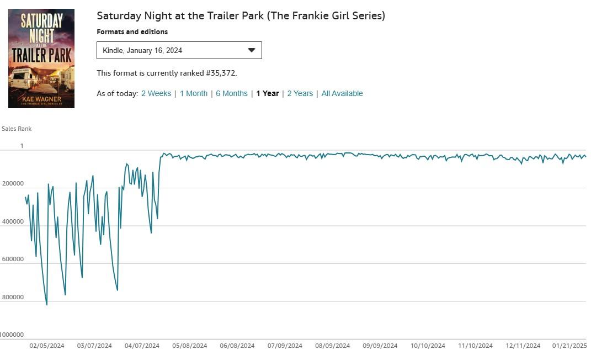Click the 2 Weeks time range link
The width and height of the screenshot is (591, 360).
[156, 93]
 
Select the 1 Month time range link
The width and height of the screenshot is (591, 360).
[194, 93]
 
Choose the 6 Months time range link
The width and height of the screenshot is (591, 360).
[232, 93]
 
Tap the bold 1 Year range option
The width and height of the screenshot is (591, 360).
[268, 93]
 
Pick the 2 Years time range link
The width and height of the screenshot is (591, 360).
[300, 93]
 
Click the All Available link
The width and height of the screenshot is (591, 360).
[342, 93]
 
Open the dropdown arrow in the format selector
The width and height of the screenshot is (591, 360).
[252, 50]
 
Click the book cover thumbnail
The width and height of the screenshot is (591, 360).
[41, 58]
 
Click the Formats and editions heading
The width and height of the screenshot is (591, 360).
[132, 32]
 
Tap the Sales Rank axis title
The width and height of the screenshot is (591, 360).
[17, 129]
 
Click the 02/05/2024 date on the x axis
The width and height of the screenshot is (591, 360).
[47, 346]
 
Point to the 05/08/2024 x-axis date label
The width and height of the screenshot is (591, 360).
[190, 346]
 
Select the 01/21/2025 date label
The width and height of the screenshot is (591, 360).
[570, 346]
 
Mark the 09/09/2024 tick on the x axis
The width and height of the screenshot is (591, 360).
[380, 346]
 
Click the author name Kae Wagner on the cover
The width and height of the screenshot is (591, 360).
[41, 98]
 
